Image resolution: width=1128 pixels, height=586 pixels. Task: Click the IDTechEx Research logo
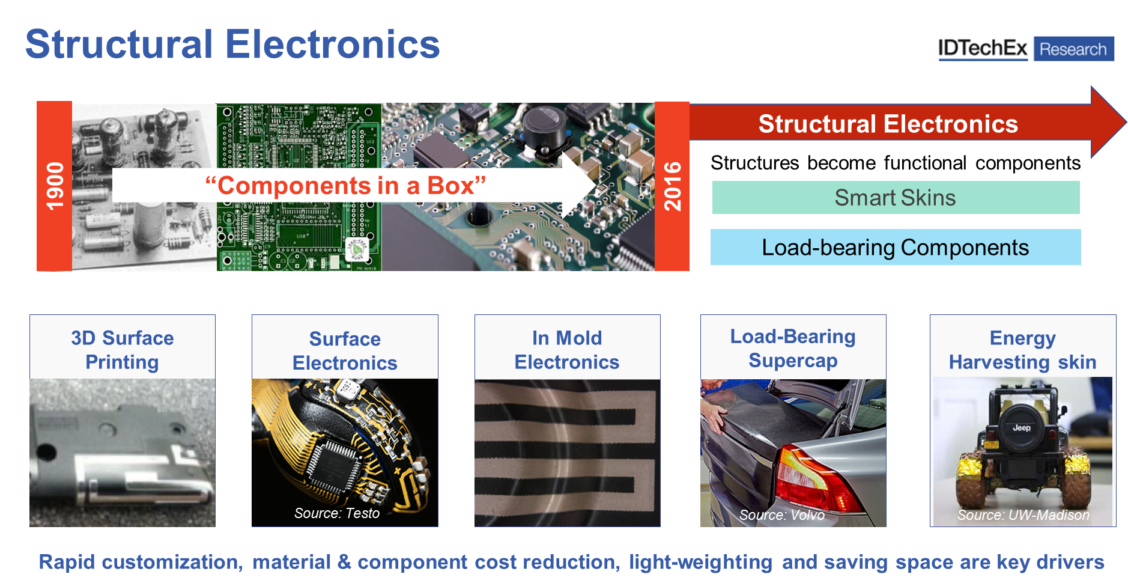tap(1025, 49)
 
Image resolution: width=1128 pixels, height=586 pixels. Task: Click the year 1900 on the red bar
tap(55, 186)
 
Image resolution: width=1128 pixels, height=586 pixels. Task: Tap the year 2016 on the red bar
tap(672, 186)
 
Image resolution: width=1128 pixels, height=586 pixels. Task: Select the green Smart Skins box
tap(895, 198)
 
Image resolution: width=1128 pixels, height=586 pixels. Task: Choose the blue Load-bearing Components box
tap(895, 247)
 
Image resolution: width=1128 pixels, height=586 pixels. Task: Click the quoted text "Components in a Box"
tap(345, 186)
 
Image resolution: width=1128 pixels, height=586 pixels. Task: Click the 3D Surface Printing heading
tap(122, 350)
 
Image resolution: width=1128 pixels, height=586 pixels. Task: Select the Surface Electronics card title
tap(345, 350)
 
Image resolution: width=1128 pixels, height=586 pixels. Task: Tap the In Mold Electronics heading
tap(566, 350)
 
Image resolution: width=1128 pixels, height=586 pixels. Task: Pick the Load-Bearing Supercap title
tap(793, 349)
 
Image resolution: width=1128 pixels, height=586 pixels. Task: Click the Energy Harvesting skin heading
tap(1022, 350)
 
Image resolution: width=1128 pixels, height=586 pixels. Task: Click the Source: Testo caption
tap(337, 513)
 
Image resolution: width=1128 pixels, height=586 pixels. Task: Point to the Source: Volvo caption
tap(782, 515)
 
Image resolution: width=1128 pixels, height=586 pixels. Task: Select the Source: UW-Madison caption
tap(1023, 515)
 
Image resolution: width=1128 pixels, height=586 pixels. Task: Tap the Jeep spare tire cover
tap(1021, 428)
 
